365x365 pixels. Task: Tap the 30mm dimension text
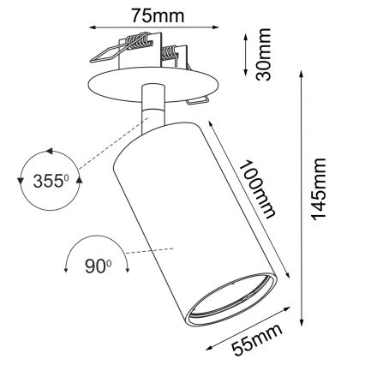266,53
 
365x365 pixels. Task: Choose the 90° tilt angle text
97,266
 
